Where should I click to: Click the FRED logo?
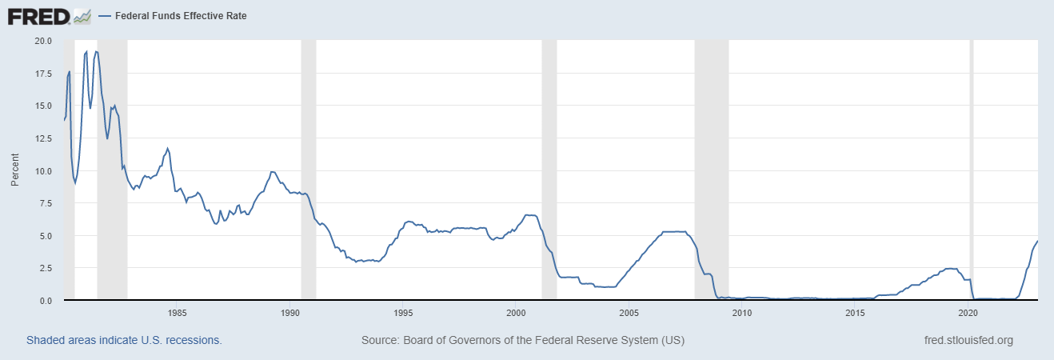click(x=49, y=15)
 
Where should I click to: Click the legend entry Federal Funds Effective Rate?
click(x=173, y=15)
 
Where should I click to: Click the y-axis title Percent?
click(x=14, y=170)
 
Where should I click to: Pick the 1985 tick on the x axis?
click(x=177, y=312)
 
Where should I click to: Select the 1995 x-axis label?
click(x=403, y=312)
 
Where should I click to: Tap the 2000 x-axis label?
click(x=516, y=312)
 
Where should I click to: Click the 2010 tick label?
click(x=742, y=312)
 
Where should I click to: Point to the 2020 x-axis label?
click(x=968, y=312)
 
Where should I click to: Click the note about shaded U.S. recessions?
click(x=124, y=340)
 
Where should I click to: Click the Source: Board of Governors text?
click(x=522, y=340)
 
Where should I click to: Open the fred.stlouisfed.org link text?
click(x=968, y=340)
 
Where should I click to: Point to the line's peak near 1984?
click(x=167, y=148)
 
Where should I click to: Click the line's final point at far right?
click(x=1037, y=242)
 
